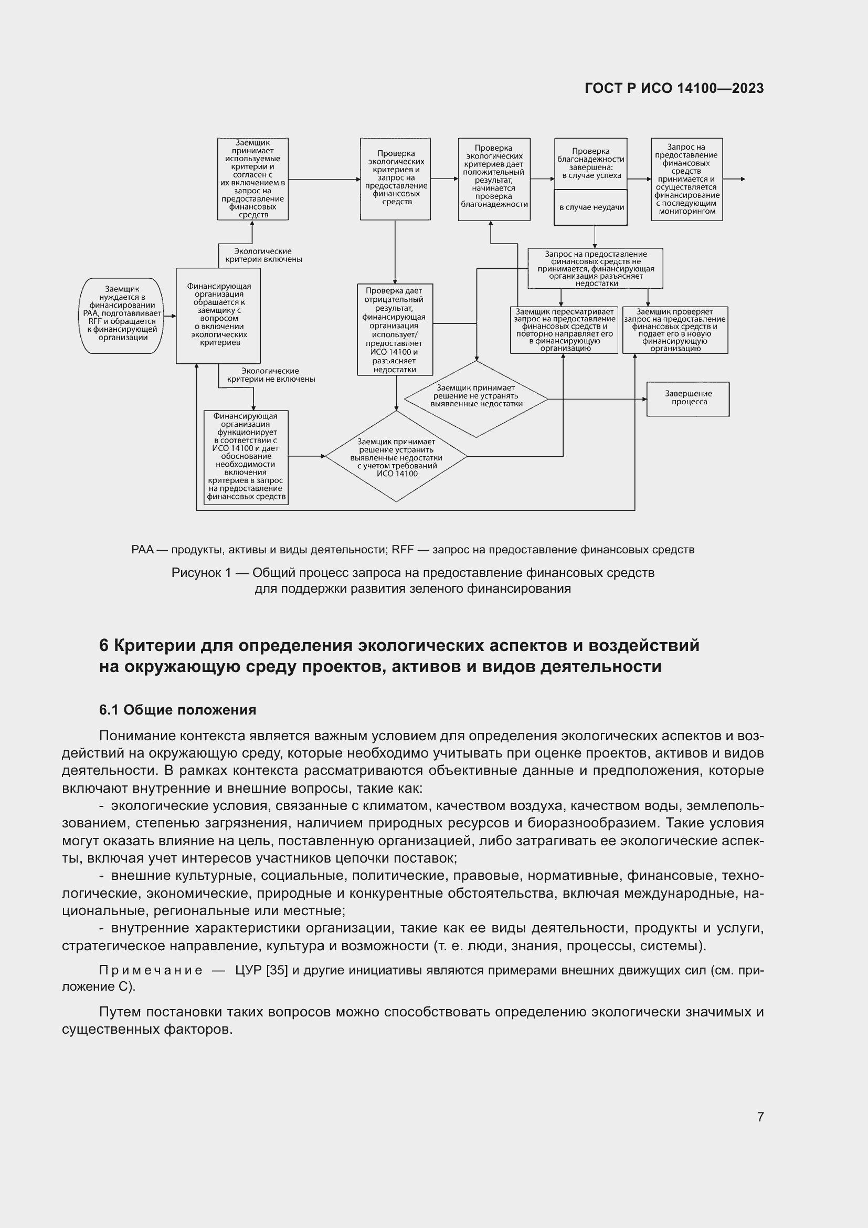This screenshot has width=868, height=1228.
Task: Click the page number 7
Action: pyautogui.click(x=760, y=1117)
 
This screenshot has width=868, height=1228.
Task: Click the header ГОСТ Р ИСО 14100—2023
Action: pyautogui.click(x=674, y=89)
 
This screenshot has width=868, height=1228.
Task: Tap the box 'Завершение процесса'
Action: pyautogui.click(x=688, y=398)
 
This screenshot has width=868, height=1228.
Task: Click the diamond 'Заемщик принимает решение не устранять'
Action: pyautogui.click(x=475, y=398)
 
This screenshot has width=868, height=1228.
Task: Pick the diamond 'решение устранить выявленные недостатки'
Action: pyautogui.click(x=396, y=457)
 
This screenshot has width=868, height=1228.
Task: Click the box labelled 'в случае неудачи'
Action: pyautogui.click(x=590, y=207)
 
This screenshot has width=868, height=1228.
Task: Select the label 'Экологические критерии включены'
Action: pyautogui.click(x=263, y=255)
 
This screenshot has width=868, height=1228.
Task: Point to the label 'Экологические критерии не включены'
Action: pyautogui.click(x=270, y=375)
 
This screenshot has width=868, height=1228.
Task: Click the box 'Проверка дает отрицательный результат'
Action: pyautogui.click(x=395, y=330)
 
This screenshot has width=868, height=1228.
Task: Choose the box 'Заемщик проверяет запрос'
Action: pyautogui.click(x=674, y=330)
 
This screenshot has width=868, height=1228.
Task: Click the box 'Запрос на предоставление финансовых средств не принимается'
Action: pyautogui.click(x=595, y=268)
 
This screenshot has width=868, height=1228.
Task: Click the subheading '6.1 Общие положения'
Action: pyautogui.click(x=177, y=710)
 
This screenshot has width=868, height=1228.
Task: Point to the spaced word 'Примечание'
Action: pyautogui.click(x=151, y=970)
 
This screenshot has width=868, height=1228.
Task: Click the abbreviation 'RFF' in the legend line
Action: pyautogui.click(x=402, y=550)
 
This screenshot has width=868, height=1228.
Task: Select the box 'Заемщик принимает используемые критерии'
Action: pyautogui.click(x=253, y=179)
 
